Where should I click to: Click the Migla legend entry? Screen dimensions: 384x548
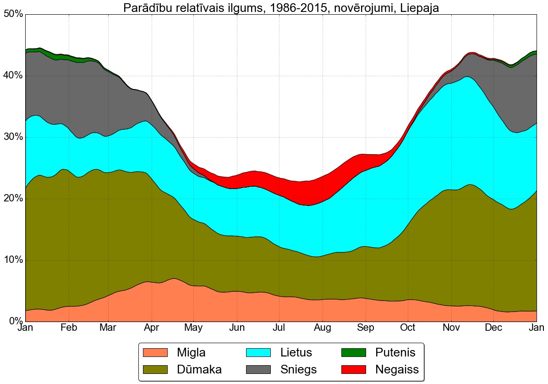(191, 353)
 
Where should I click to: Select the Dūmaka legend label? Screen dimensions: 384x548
(199, 369)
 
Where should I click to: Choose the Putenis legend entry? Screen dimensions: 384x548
(395, 353)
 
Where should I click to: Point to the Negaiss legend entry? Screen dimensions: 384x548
(397, 369)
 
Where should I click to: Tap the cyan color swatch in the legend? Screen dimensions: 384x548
(259, 353)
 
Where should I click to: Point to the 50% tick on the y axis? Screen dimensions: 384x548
(13, 14)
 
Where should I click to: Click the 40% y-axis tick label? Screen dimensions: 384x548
(13, 76)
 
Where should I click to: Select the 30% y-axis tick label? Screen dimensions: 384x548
(13, 137)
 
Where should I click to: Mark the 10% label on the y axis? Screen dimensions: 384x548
(13, 260)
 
